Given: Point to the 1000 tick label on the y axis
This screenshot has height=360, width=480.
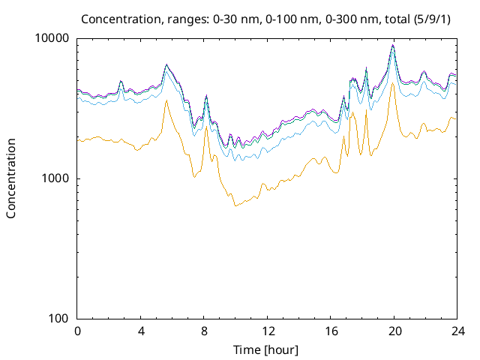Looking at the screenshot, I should point(55,178).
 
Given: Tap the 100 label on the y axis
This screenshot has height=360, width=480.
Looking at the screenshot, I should point(58,318).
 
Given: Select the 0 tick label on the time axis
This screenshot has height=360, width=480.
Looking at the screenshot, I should point(77,331).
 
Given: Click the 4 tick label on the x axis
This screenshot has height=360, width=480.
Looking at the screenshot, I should point(141,331).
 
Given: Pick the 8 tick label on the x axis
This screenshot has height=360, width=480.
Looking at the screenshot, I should point(204,331).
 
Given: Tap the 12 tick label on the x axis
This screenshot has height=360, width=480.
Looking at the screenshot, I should point(267,331).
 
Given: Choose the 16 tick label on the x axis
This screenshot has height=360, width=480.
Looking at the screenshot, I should point(331,331).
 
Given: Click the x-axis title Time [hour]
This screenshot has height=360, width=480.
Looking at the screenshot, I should point(267,349).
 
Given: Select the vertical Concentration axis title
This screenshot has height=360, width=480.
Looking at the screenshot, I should point(11,178).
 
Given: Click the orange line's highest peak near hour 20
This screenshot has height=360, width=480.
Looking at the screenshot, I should point(393,83).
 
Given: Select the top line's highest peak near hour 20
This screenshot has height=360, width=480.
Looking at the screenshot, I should point(393,45).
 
